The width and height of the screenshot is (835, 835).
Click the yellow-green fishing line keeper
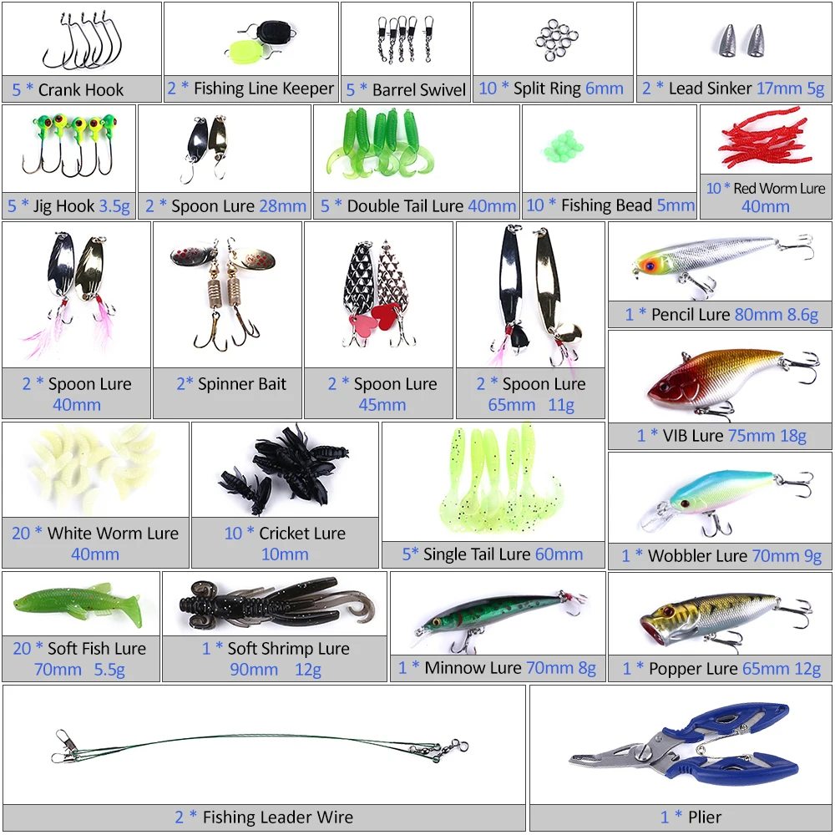[x=245, y=52]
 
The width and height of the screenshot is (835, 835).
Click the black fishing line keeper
[x=276, y=33]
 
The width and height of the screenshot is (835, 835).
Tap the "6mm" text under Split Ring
[x=605, y=89]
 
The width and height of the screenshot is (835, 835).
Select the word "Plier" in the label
[x=705, y=817]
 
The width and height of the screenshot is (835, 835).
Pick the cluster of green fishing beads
[x=564, y=146]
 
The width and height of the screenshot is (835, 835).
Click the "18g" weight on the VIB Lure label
[x=793, y=436]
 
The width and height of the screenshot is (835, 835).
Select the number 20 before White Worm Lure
[x=22, y=533]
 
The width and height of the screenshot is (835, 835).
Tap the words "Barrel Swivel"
[x=419, y=89]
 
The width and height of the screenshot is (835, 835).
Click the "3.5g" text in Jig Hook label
[x=114, y=206]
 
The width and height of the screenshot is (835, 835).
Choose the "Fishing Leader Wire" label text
[x=278, y=817]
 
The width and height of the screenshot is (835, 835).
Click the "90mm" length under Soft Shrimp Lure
[x=254, y=670]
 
